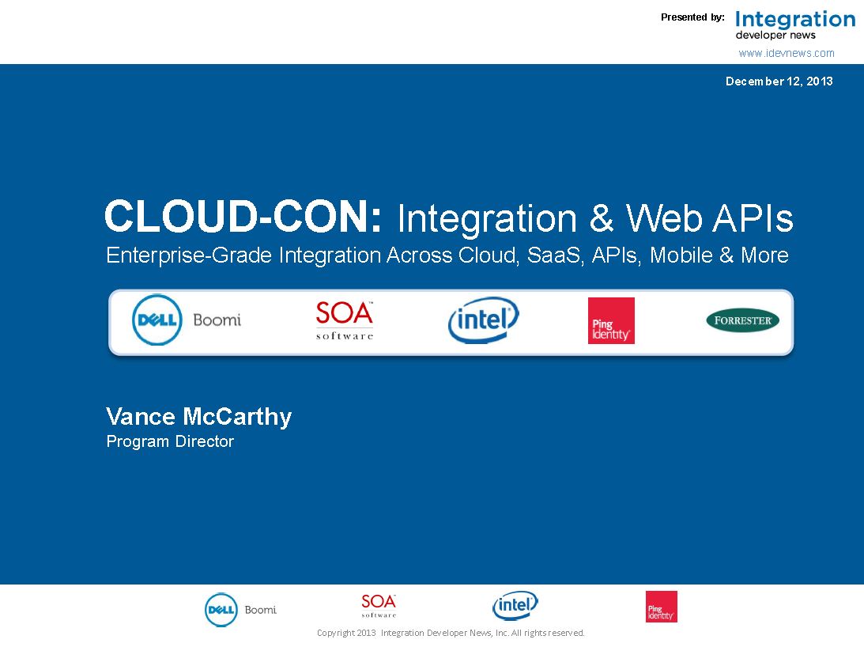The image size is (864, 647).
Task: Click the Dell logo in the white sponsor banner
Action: [x=157, y=320]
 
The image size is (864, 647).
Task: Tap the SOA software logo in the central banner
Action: [x=345, y=320]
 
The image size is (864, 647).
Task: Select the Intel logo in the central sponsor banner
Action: [x=483, y=320]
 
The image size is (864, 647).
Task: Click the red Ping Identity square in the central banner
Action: [x=611, y=320]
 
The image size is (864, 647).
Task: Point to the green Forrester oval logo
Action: [x=743, y=320]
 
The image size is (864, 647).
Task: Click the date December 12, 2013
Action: [x=779, y=81]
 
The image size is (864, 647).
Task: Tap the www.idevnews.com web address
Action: [x=787, y=54]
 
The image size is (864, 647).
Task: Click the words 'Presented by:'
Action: [x=692, y=17]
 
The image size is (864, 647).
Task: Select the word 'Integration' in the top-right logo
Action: [x=795, y=20]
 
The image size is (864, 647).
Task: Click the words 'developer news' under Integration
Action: [x=775, y=36]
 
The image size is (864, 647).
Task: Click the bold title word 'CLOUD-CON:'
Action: [x=243, y=217]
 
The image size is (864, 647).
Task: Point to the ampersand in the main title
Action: [x=601, y=218]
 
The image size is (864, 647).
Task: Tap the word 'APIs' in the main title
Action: [x=753, y=218]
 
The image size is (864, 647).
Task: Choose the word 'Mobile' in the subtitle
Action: [x=681, y=255]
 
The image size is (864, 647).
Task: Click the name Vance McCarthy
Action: [x=199, y=417]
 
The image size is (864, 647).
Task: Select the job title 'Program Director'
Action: [x=170, y=441]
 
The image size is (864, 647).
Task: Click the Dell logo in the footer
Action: [x=221, y=610]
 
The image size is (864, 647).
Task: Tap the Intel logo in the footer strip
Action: [x=515, y=606]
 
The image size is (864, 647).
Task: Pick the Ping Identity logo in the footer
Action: [x=661, y=607]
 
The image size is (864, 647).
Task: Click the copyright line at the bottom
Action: [x=451, y=634]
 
